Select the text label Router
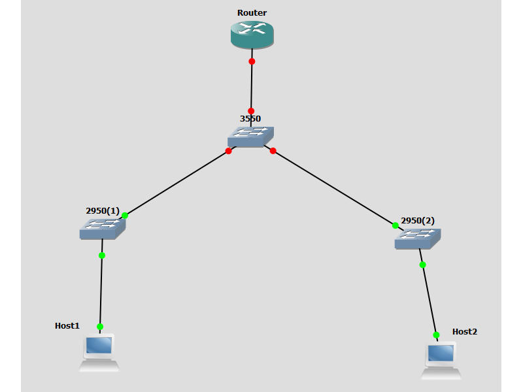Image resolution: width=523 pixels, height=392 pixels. click(x=252, y=13)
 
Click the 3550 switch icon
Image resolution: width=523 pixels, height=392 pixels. click(x=250, y=137)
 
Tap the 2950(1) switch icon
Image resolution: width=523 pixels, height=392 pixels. click(x=103, y=228)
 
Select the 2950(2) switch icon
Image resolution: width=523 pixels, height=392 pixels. click(x=417, y=239)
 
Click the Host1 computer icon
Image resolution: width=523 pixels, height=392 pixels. click(x=99, y=352)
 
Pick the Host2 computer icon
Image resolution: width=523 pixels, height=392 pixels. click(x=441, y=360)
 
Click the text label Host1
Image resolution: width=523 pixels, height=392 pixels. click(x=67, y=325)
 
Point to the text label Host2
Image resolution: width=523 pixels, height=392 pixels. click(x=465, y=332)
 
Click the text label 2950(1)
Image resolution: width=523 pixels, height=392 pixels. click(x=103, y=211)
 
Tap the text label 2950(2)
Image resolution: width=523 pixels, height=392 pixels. click(x=418, y=221)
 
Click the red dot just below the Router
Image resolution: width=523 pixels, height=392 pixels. click(x=252, y=61)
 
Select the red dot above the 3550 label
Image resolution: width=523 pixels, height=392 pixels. click(x=251, y=111)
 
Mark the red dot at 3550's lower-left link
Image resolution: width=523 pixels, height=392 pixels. click(x=228, y=151)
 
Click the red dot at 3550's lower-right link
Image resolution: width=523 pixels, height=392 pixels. click(x=273, y=151)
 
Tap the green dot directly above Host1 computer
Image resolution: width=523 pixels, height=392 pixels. click(x=100, y=327)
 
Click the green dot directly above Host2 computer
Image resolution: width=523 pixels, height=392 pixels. click(x=436, y=335)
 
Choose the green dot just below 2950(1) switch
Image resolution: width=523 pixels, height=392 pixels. click(x=101, y=255)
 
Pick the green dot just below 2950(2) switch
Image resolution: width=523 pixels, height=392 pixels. click(x=422, y=265)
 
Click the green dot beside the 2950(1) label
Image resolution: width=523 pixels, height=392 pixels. click(x=124, y=215)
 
